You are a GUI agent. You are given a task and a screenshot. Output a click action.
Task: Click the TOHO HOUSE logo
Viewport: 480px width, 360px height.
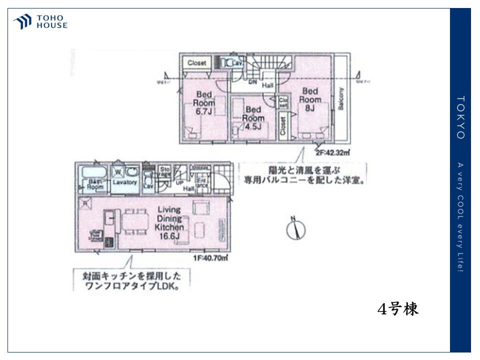(x=40, y=22)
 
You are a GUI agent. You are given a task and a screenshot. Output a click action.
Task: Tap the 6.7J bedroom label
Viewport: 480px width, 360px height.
(x=204, y=103)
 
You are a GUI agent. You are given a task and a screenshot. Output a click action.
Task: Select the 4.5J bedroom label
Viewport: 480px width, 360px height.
(x=253, y=118)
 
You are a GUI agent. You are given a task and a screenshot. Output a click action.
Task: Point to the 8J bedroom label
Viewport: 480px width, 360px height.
(x=309, y=99)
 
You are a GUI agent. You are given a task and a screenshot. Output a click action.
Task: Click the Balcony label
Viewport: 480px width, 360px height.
(x=341, y=100)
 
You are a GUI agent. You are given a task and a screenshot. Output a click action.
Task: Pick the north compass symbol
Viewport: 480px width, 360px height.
(x=295, y=228)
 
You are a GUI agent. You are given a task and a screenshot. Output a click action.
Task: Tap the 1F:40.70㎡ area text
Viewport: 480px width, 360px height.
(x=210, y=258)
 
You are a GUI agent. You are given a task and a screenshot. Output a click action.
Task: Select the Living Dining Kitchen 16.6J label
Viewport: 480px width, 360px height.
(x=169, y=222)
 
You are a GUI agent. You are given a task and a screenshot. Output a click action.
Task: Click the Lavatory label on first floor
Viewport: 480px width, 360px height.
(x=124, y=182)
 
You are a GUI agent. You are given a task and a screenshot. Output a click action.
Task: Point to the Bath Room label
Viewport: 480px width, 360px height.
(x=95, y=183)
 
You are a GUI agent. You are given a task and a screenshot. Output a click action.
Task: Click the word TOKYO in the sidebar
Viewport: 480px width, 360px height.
(x=460, y=117)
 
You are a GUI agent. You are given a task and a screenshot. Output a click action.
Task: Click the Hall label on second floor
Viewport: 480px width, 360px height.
(x=268, y=85)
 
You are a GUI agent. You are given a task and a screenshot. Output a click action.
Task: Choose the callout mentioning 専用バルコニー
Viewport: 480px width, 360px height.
(x=303, y=173)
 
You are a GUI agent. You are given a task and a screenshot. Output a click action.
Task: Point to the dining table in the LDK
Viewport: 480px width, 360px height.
(x=135, y=220)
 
